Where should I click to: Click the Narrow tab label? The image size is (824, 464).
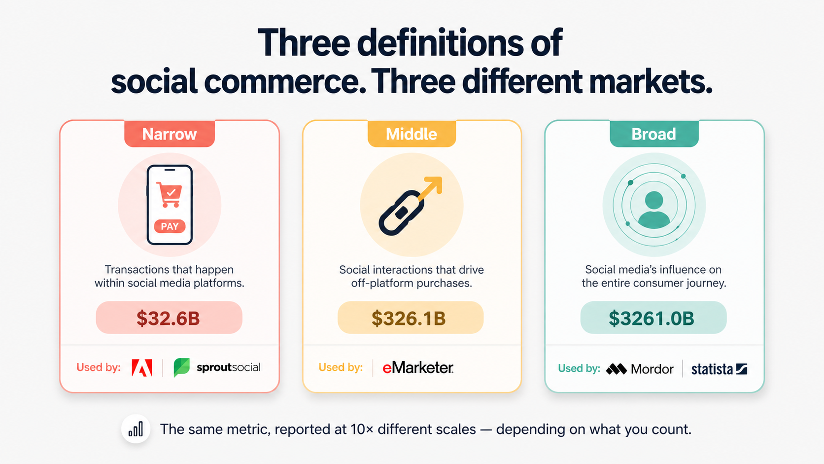point(169,134)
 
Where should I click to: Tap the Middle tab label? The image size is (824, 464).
point(412,134)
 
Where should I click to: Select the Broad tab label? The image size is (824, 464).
point(653,134)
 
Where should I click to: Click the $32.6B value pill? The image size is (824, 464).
point(169,318)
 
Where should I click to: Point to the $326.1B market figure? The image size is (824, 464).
point(409,318)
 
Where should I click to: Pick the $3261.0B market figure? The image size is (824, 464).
point(652,318)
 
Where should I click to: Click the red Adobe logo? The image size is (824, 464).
point(142,368)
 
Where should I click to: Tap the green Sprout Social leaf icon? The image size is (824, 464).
point(181,368)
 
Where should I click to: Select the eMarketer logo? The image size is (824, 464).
point(418,368)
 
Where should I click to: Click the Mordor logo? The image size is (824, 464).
point(640,369)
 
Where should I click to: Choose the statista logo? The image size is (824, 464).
point(719,369)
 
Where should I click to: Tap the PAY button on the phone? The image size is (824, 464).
point(170,226)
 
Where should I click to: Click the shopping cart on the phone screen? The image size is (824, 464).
point(170,194)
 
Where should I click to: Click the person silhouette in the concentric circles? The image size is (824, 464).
point(654,209)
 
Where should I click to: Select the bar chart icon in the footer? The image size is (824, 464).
point(136,429)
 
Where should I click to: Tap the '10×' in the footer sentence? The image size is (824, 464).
point(362,429)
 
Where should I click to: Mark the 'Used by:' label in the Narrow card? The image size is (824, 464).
point(99,367)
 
